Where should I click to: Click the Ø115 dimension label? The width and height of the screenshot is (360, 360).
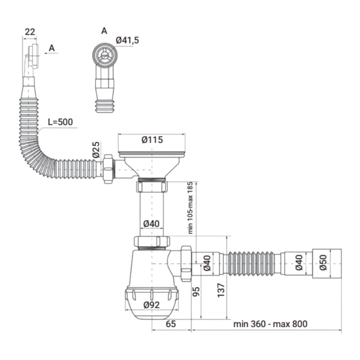click(152, 140)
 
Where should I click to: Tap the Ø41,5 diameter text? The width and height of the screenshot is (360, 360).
click(127, 40)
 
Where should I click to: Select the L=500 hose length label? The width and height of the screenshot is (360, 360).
click(60, 122)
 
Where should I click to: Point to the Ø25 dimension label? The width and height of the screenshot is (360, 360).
click(96, 150)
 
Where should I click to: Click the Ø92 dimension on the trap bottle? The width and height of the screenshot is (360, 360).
click(151, 305)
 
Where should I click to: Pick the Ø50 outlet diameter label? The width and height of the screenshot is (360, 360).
click(323, 263)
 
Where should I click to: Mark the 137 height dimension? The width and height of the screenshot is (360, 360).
click(221, 290)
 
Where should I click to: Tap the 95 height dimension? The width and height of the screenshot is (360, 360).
click(196, 292)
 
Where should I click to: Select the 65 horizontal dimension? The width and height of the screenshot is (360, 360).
click(171, 324)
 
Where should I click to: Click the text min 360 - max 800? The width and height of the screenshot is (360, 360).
click(270, 324)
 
